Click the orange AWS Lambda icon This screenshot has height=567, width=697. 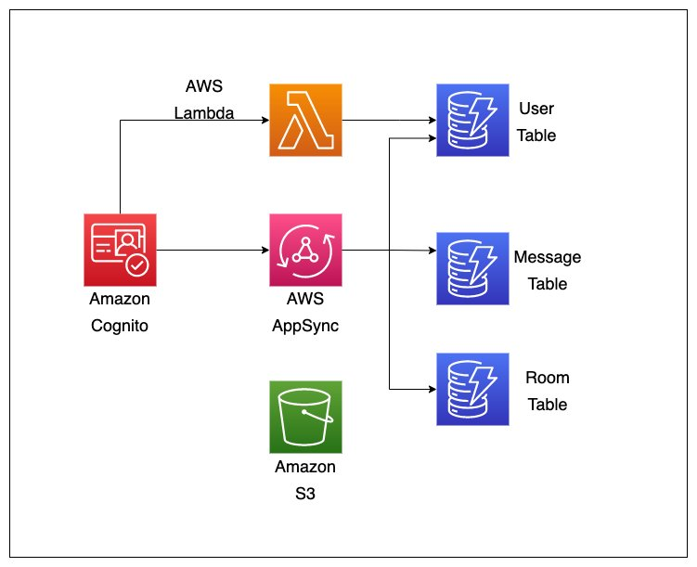coord(305,120)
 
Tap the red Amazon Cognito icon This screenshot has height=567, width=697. coord(120,250)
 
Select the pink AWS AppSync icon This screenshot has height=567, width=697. coord(305,250)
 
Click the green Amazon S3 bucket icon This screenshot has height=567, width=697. coord(305,417)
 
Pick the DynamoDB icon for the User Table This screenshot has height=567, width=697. coord(472,120)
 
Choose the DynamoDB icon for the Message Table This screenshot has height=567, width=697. coord(472,268)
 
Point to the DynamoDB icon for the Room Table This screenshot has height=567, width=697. coord(472,389)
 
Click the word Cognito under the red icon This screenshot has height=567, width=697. coord(120,326)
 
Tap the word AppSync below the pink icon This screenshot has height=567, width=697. coord(305,326)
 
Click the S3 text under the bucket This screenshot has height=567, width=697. coord(305,494)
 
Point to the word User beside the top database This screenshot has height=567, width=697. coord(536,109)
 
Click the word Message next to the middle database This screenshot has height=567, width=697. coord(547,257)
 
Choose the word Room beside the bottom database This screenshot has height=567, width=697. coord(547,378)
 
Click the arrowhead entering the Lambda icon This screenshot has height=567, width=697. coord(264,120)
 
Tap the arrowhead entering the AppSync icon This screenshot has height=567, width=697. coord(264,250)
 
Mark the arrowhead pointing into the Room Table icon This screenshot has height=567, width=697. coord(431,389)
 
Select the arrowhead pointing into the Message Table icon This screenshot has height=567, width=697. coord(431,251)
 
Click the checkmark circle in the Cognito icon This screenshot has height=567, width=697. coord(137,265)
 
